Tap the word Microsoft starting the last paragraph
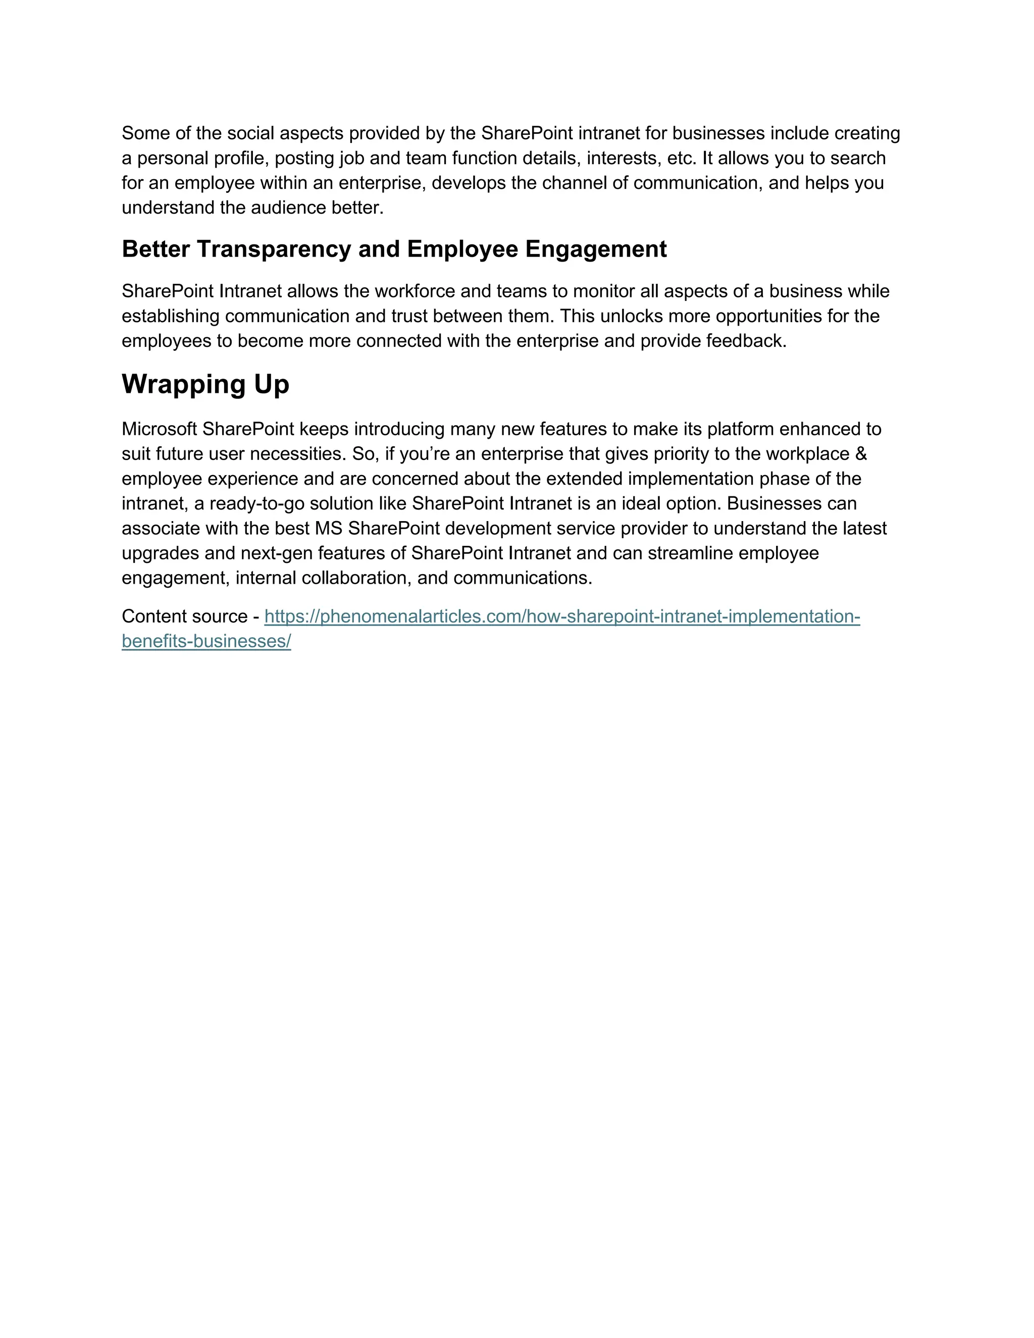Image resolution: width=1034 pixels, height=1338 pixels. tap(159, 429)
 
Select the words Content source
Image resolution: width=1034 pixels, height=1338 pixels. tap(184, 616)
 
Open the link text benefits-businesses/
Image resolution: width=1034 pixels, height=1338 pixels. tap(206, 641)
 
